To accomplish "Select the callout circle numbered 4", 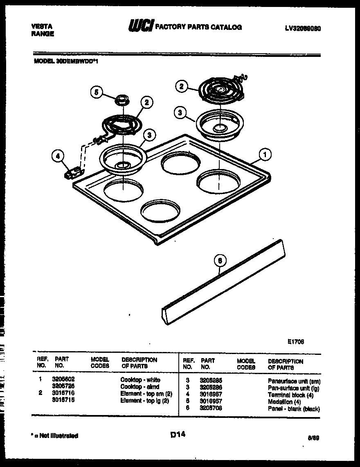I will (59, 156).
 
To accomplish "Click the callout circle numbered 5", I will (97, 92).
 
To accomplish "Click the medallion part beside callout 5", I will (122, 99).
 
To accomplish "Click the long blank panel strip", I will (221, 282).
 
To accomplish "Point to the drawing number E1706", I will (295, 341).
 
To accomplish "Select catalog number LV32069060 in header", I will (303, 29).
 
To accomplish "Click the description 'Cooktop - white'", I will (140, 380).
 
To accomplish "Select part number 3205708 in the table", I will (211, 408).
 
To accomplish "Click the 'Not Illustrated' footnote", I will (55, 435).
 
